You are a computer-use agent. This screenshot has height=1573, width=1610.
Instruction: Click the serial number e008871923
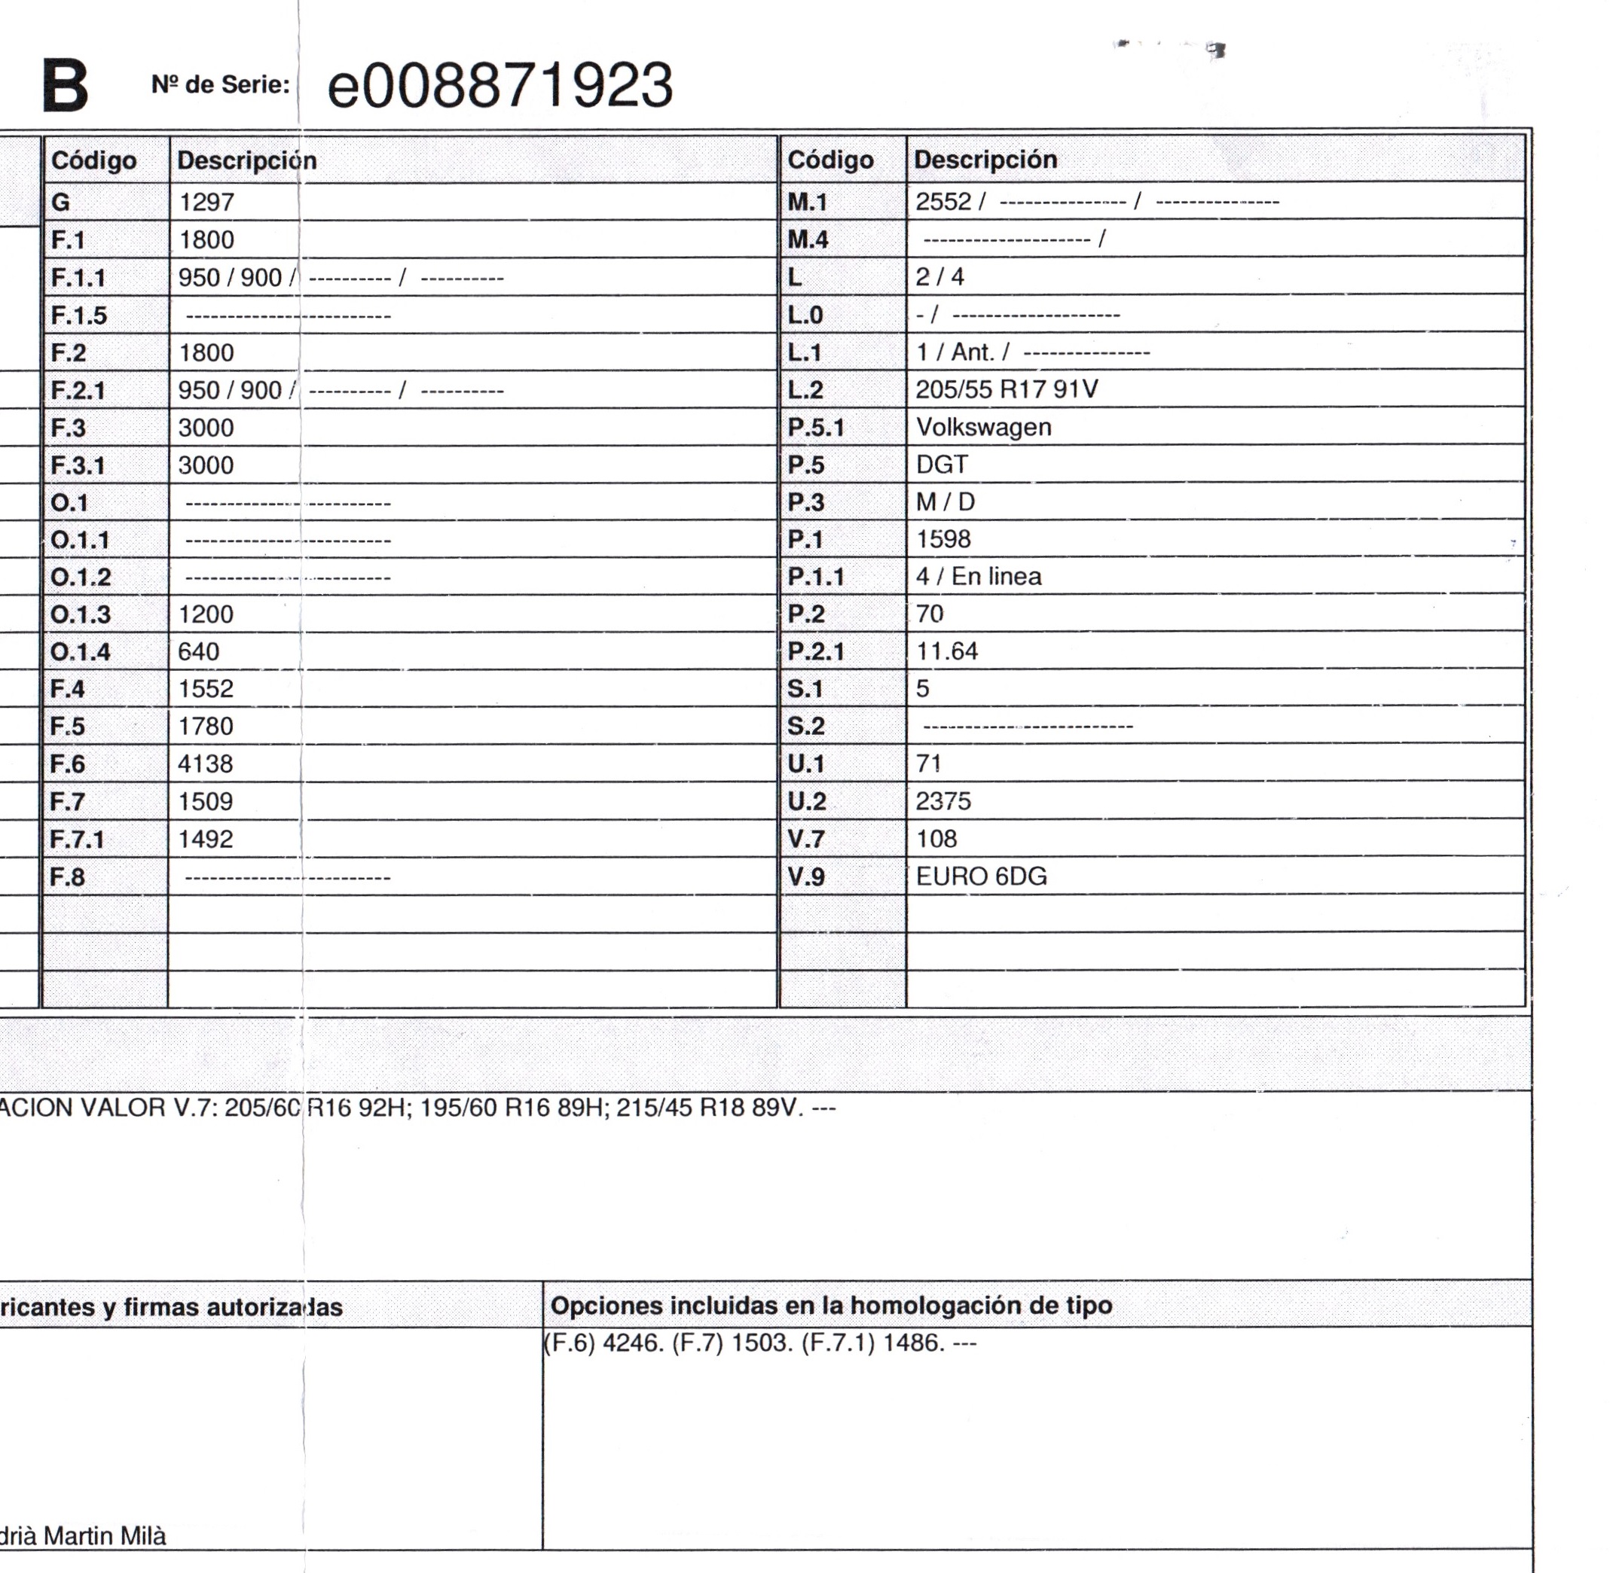(x=500, y=86)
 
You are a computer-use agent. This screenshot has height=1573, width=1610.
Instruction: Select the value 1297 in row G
(x=206, y=203)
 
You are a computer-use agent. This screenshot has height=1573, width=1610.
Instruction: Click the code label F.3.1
(x=78, y=465)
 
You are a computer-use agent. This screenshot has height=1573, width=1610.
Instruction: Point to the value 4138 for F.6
(x=205, y=764)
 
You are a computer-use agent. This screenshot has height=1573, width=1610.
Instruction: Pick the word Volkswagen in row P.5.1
(x=983, y=427)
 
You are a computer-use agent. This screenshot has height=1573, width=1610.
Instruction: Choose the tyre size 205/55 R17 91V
(x=1006, y=389)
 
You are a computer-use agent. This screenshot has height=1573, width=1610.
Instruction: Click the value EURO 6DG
(x=981, y=876)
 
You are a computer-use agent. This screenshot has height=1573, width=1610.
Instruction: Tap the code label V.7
(x=806, y=840)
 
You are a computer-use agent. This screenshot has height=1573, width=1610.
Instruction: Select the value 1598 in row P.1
(x=943, y=539)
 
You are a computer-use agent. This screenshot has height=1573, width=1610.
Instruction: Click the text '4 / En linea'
(x=979, y=577)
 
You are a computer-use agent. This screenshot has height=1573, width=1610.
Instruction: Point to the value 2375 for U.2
(x=943, y=801)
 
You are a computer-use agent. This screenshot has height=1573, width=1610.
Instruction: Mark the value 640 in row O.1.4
(x=198, y=652)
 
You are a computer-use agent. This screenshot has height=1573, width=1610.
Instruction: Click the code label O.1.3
(x=80, y=614)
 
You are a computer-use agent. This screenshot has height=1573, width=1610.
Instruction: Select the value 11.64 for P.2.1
(x=946, y=652)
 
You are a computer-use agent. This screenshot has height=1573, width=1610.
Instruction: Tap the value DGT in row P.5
(x=942, y=465)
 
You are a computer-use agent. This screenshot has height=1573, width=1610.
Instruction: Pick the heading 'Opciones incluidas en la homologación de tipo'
(x=831, y=1306)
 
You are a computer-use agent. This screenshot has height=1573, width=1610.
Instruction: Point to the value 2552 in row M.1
(x=943, y=203)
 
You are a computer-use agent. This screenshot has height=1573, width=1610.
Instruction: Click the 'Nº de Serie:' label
(x=220, y=84)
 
